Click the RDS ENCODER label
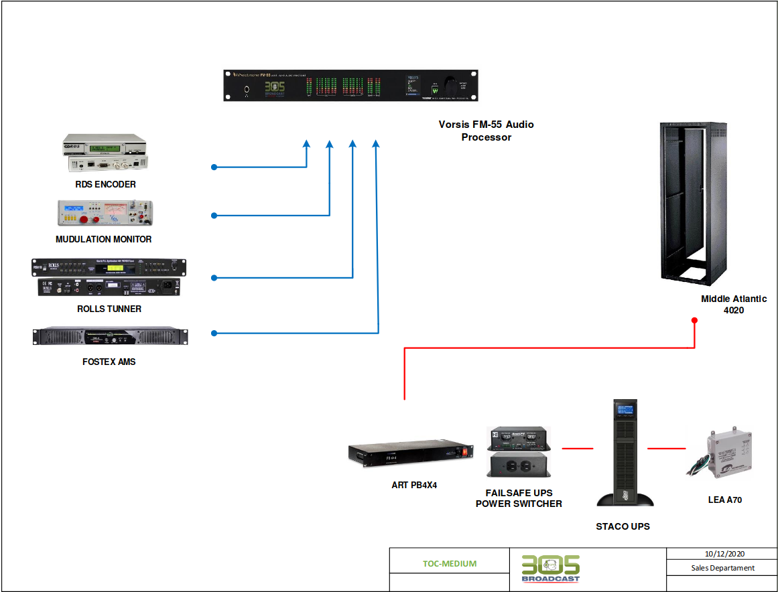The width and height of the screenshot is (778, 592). [x=105, y=184]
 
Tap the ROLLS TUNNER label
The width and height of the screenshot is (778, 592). [x=109, y=309]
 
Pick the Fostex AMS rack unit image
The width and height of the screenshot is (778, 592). [x=110, y=336]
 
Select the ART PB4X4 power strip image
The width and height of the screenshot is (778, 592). [x=409, y=455]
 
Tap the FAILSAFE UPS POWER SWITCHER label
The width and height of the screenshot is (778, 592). [x=519, y=498]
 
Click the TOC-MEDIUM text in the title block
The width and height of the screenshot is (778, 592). [x=450, y=563]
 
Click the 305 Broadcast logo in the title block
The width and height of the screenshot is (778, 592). [x=551, y=569]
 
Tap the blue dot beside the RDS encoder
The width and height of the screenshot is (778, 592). [x=214, y=167]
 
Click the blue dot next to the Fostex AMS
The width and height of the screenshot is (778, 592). [x=214, y=333]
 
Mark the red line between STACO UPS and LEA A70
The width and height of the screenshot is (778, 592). [x=666, y=448]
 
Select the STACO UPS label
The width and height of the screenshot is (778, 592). [x=623, y=526]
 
